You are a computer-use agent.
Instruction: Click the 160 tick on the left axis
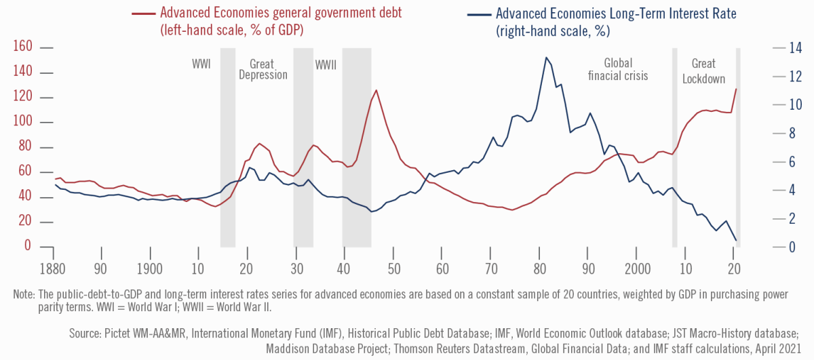pos(22,47)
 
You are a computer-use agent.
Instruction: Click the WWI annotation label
pos(200,64)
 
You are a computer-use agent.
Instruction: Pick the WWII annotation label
pos(326,64)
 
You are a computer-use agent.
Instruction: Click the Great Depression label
pos(263,69)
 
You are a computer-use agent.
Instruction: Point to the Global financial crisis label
pos(617,69)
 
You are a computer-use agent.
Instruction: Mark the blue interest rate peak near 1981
pos(546,58)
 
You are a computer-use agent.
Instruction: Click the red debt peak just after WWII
pos(376,90)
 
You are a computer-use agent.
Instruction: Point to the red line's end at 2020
pos(736,89)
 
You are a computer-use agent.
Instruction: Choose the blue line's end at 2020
pos(736,240)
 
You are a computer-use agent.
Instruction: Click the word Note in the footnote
pos(23,295)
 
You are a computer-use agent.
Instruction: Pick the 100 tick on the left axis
pos(22,123)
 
